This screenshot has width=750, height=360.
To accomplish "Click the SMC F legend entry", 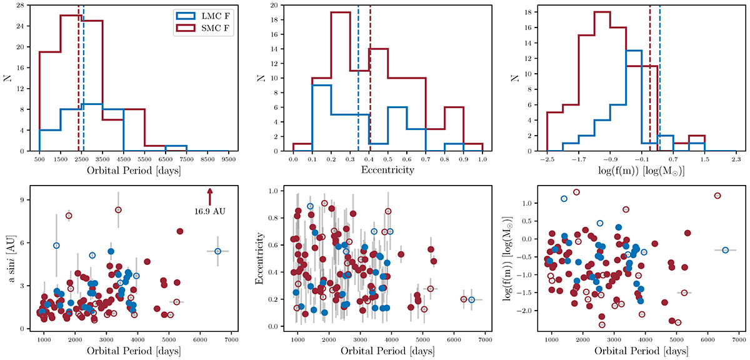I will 209,27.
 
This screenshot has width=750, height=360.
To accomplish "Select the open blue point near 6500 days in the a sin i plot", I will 217,251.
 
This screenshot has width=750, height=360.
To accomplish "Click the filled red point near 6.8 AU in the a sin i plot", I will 180,231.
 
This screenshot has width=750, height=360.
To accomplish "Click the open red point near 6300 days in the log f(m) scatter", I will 717,196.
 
